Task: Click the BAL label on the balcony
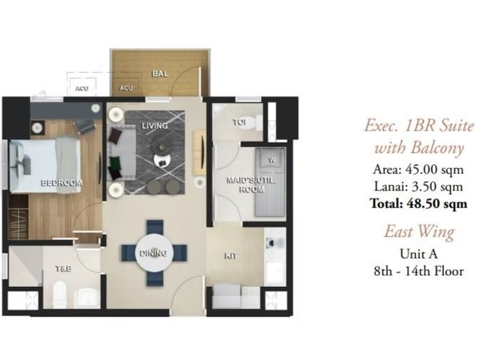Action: coord(160,73)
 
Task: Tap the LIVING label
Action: coord(155,125)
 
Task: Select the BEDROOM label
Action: coord(61,183)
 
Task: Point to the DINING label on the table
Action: coord(153,253)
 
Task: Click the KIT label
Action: coord(230,256)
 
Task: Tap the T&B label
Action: coord(64,268)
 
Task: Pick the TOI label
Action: coord(239,122)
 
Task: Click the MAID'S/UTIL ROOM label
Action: coord(250,184)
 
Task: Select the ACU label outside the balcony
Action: coord(82,88)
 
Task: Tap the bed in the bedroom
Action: coord(45,166)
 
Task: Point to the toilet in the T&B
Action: coord(59,295)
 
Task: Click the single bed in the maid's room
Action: coord(270,182)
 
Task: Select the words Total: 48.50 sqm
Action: coord(418,203)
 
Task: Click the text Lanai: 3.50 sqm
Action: coord(418,187)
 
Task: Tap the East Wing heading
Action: coord(419,232)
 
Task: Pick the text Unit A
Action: coord(418,253)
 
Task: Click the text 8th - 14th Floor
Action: coord(418,271)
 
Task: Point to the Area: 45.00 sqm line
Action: coord(418,169)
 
